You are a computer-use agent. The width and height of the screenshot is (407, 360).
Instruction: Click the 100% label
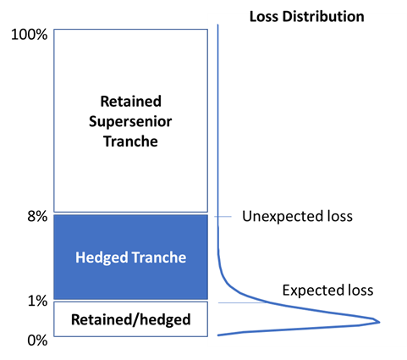point(29,35)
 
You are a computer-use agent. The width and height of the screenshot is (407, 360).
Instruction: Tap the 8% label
point(37,217)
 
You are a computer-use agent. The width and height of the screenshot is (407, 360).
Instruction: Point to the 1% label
point(37,302)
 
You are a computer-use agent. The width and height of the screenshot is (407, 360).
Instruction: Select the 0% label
point(37,341)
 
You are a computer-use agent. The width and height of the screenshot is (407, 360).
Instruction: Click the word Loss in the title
point(264,16)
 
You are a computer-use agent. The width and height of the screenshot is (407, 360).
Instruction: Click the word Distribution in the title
point(323,16)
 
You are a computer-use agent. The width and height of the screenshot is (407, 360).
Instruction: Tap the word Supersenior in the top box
point(130,122)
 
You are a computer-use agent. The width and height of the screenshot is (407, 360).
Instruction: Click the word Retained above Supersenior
point(131,102)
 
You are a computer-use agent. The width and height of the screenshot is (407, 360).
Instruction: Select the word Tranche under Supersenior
point(130,141)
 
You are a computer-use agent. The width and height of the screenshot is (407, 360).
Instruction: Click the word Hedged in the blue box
point(102,258)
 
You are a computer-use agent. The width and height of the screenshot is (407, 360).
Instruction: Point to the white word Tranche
point(159,258)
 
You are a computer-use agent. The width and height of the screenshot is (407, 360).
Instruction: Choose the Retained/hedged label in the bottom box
point(131,320)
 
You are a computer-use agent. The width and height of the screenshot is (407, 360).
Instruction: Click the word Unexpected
point(283,217)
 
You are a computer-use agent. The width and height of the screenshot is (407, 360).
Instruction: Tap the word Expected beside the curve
point(311,291)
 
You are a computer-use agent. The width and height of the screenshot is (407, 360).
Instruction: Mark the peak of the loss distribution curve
point(380,322)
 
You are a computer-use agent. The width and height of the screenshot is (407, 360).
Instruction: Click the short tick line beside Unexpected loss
point(223,217)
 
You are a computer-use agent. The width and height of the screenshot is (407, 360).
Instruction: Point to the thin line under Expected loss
point(243,303)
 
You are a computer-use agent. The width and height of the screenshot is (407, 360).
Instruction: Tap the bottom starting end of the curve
point(218,335)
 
